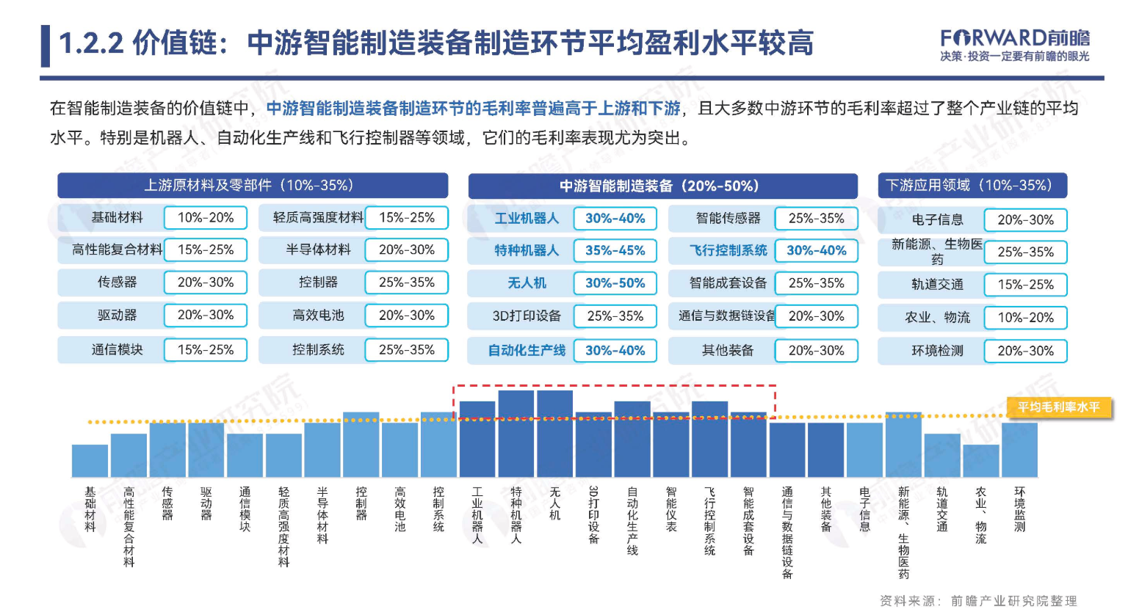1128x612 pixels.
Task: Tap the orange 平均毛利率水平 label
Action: [1058, 407]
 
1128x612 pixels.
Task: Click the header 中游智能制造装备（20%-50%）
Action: [662, 186]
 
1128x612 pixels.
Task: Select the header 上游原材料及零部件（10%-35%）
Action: [253, 186]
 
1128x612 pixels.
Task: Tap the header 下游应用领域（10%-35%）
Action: [972, 186]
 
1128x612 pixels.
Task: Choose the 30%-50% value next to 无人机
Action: [615, 283]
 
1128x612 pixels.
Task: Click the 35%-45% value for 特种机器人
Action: [615, 250]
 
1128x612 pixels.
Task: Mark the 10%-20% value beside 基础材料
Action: [206, 218]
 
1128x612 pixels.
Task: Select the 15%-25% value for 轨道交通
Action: [1025, 285]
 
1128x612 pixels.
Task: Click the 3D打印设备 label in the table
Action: [527, 316]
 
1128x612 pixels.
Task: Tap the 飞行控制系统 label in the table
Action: [728, 250]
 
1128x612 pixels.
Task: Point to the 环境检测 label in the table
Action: [937, 351]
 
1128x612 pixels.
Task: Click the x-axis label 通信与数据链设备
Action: [787, 532]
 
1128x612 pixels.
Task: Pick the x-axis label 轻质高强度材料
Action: [283, 526]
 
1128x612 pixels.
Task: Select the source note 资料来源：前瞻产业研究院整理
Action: [978, 601]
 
